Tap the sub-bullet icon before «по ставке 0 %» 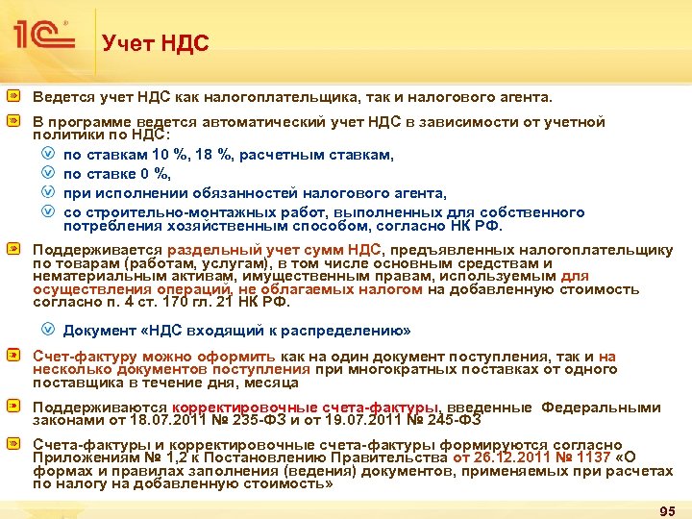click(49, 174)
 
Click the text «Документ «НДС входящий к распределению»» click(236, 331)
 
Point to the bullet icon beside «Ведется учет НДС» click(15, 98)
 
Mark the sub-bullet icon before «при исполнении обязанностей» click(49, 193)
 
